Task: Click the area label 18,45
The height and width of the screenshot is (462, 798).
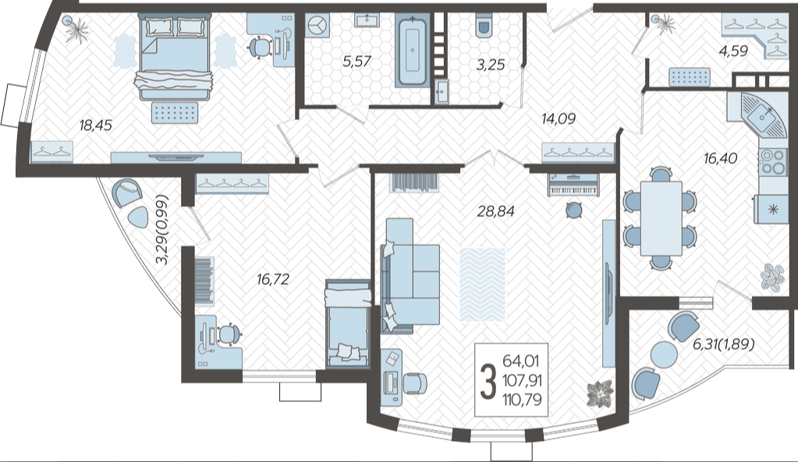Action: pyautogui.click(x=96, y=125)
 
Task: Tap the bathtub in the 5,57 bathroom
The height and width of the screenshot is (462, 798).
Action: pyautogui.click(x=412, y=50)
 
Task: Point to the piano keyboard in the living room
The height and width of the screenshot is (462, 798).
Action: pyautogui.click(x=573, y=185)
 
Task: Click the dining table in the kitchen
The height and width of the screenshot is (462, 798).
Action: pyautogui.click(x=661, y=218)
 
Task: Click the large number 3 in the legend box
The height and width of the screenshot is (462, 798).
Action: pyautogui.click(x=488, y=381)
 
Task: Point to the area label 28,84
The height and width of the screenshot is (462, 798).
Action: pyautogui.click(x=495, y=211)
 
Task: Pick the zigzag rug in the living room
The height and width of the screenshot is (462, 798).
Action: pyautogui.click(x=482, y=284)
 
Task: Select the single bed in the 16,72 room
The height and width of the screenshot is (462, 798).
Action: pyautogui.click(x=348, y=323)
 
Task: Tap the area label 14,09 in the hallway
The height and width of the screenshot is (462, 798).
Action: pyautogui.click(x=559, y=119)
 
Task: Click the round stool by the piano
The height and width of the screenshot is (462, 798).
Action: pyautogui.click(x=574, y=210)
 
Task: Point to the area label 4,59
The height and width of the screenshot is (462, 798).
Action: pyautogui.click(x=733, y=51)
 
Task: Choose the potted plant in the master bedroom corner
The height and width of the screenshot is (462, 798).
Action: pyautogui.click(x=77, y=29)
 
